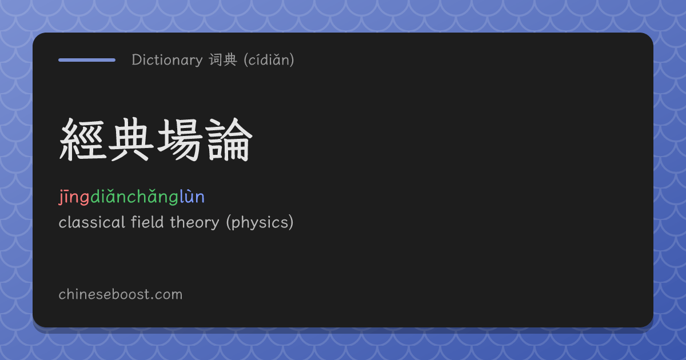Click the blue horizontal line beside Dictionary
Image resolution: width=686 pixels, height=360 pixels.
87,60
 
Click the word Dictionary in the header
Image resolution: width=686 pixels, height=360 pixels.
167,60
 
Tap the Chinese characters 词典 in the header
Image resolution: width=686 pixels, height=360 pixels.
224,59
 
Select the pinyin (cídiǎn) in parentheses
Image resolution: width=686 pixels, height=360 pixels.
269,59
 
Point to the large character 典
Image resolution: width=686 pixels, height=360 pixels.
131,139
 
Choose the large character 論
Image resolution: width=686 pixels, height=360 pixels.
229,139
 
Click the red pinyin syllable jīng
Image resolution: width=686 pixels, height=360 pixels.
74,197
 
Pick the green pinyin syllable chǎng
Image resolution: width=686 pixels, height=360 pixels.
153,197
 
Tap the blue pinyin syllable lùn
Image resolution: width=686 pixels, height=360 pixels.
192,197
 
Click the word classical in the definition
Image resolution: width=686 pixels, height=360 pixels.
92,222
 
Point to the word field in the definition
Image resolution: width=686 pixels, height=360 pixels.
147,222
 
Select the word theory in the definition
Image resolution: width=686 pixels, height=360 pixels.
195,223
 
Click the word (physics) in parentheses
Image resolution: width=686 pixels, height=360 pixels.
260,222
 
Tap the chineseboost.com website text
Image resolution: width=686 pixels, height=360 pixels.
121,294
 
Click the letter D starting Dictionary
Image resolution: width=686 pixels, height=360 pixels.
136,60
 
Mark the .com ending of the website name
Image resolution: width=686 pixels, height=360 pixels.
167,295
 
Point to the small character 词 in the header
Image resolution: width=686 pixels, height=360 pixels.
216,59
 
